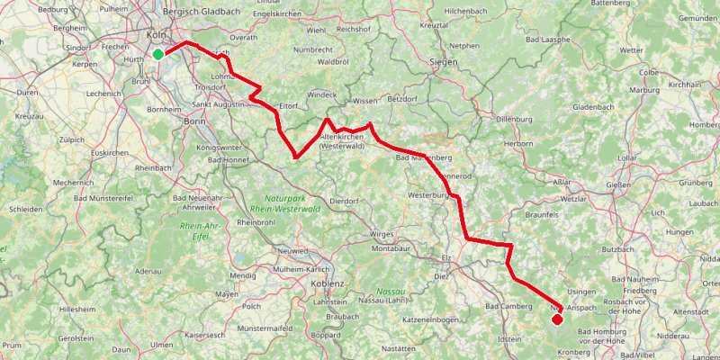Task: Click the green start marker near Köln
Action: pos(158,54)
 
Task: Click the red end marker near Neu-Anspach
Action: pos(557,319)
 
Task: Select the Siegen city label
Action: pos(445,61)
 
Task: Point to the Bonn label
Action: pos(194,120)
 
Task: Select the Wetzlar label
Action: pos(575,196)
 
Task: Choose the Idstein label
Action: pos(509,339)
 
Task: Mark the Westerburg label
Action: pos(427,194)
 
